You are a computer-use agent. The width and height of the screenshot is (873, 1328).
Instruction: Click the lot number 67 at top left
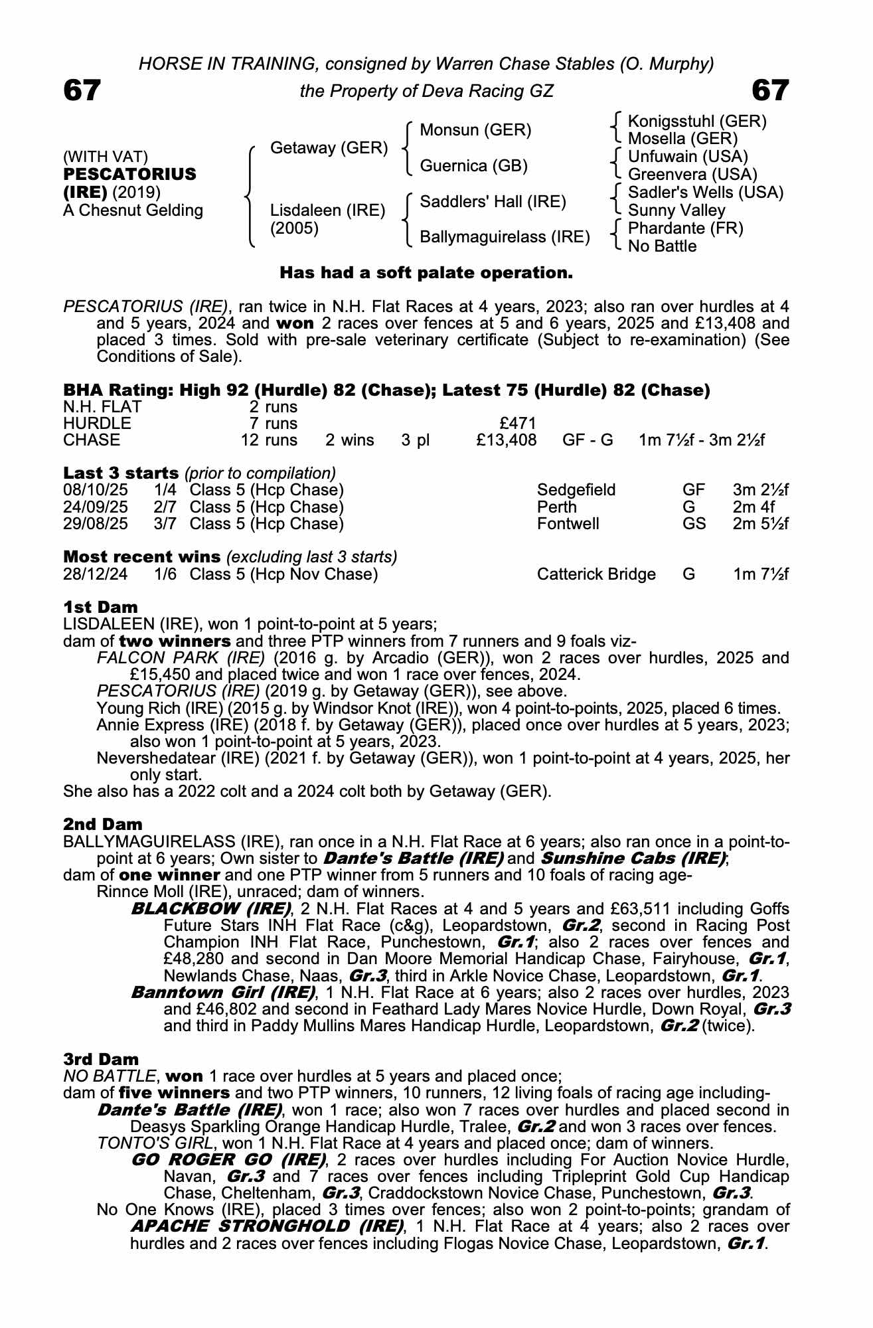point(82,90)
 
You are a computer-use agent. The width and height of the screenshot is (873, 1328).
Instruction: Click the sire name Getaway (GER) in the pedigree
point(329,148)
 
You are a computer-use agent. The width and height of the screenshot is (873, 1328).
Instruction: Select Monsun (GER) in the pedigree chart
point(475,130)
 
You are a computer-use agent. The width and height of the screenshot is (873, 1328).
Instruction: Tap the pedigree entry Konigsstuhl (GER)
point(696,122)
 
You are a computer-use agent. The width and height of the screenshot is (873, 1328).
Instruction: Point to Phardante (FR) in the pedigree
point(685,228)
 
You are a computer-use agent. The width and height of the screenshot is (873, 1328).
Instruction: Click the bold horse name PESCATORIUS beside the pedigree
point(129,175)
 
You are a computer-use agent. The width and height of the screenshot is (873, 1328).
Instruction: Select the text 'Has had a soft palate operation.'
point(426,273)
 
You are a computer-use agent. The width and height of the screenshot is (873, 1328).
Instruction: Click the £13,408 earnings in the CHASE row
point(506,440)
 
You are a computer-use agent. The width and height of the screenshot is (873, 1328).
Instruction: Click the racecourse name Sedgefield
point(576,491)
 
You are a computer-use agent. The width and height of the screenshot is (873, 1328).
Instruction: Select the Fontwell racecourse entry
point(568,524)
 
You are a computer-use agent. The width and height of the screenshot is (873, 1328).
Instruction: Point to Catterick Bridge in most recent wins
point(596,574)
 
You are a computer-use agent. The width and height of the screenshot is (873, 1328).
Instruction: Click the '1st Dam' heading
point(100,607)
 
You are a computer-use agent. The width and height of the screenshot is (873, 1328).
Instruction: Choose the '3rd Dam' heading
point(101,1059)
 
